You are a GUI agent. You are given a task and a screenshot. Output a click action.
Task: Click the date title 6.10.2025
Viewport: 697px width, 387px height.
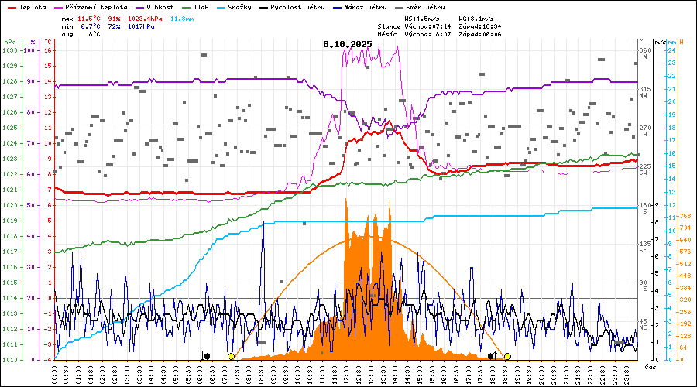point(348,44)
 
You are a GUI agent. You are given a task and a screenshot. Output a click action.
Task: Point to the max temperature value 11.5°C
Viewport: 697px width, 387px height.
point(91,18)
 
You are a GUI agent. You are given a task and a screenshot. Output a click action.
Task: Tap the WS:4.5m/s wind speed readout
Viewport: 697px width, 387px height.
point(423,18)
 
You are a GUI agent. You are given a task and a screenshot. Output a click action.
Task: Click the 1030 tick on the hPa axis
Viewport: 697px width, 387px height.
point(9,50)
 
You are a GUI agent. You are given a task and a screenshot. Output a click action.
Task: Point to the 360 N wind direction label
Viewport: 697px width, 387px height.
point(644,53)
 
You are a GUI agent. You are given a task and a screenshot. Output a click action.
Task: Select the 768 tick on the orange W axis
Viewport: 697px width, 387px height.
point(685,216)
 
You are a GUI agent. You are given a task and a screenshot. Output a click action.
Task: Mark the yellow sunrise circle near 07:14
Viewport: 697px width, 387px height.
point(231,356)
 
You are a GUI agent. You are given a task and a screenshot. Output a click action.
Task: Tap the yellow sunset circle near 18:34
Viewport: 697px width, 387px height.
point(507,356)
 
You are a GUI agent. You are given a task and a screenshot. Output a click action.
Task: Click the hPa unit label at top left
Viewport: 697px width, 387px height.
point(9,42)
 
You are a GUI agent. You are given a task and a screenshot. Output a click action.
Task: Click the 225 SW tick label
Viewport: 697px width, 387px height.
point(644,170)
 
